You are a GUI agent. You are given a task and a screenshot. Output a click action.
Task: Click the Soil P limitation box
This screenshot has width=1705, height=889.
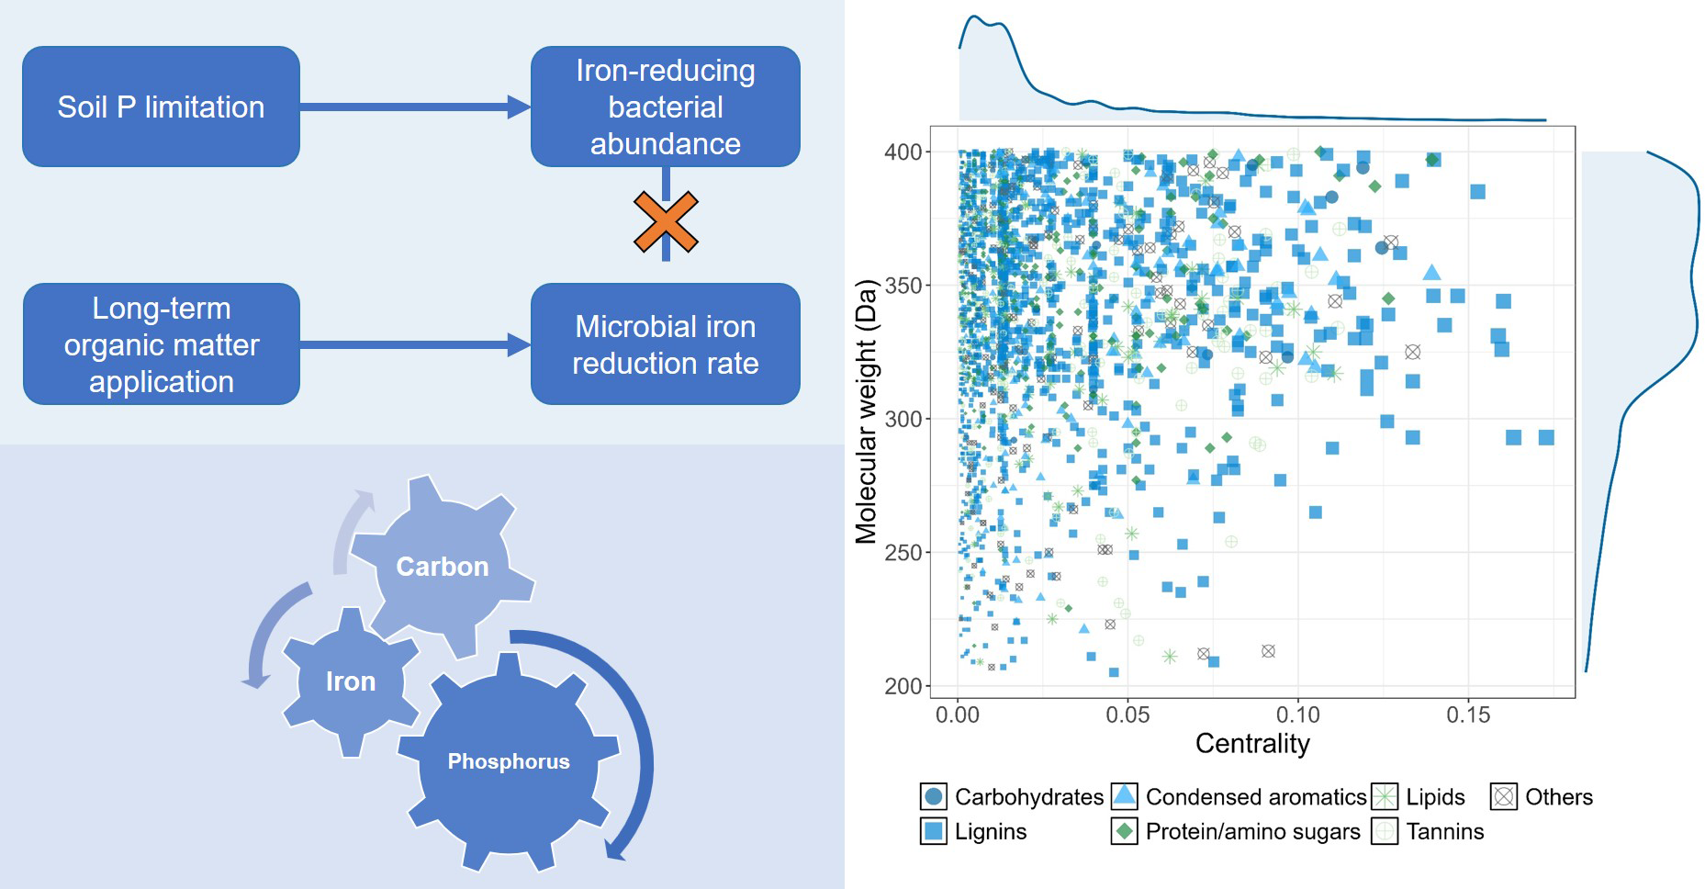point(161,107)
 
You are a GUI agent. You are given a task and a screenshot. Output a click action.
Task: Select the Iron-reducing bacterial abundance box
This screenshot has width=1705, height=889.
point(665,107)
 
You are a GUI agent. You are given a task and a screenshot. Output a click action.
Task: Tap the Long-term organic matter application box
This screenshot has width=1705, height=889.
point(161,344)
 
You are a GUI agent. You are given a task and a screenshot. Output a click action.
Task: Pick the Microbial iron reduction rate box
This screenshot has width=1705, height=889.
point(665,344)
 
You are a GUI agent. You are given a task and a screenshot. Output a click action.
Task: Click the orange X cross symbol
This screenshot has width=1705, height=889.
point(666,222)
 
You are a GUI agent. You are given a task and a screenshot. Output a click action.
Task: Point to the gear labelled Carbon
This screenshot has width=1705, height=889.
point(442,566)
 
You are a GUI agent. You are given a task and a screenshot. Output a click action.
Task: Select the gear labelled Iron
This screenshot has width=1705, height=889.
point(350,681)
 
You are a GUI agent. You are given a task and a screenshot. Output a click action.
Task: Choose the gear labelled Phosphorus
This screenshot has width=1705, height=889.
point(508,761)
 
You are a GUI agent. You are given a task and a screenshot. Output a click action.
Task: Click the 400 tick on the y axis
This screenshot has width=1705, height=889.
point(903,152)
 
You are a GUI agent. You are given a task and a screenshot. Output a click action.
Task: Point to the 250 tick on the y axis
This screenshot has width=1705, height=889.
point(903,553)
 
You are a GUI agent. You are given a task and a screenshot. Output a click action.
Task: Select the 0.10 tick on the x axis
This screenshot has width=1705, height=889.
point(1297,715)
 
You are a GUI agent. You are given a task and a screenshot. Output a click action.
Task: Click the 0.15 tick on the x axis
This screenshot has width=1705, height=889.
point(1467,715)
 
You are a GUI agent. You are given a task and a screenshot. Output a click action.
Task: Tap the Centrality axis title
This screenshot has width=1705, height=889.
point(1252,743)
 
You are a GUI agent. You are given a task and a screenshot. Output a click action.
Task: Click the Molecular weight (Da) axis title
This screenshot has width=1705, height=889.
point(866,411)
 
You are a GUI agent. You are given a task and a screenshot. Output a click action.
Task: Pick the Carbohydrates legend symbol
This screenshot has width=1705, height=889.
point(934,796)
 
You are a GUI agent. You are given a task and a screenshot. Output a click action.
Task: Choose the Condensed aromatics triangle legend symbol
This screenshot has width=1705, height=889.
point(1124,795)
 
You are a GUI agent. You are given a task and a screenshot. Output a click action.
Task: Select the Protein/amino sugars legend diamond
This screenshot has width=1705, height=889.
point(1124,831)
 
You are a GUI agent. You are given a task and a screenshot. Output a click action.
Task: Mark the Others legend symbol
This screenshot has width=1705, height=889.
point(1503,796)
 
